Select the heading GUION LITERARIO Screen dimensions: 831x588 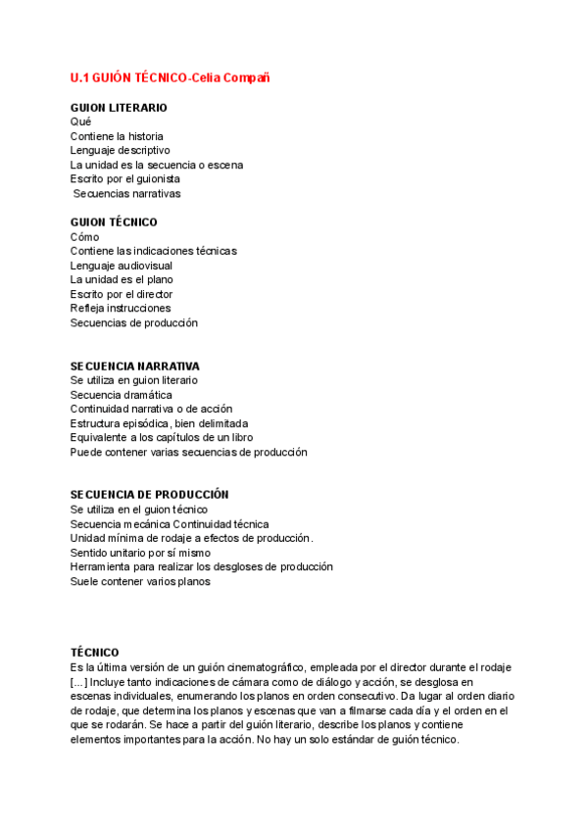(x=119, y=108)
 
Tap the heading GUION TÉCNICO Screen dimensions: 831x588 (x=114, y=222)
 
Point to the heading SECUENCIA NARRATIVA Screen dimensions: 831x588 (x=134, y=366)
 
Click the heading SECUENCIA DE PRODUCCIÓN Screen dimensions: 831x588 (x=149, y=495)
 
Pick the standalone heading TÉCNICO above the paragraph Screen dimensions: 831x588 (x=95, y=653)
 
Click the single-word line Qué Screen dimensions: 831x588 (x=80, y=122)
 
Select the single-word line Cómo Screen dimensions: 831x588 (x=84, y=237)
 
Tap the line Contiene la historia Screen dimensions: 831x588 (x=117, y=136)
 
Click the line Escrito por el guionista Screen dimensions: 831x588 (x=124, y=179)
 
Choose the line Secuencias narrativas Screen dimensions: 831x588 (x=126, y=194)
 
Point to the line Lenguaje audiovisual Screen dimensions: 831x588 (x=121, y=266)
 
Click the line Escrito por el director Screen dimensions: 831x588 (x=122, y=294)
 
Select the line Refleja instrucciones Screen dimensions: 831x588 (x=121, y=309)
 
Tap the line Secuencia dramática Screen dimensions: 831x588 (x=121, y=394)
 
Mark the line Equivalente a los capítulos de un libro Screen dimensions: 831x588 (x=162, y=438)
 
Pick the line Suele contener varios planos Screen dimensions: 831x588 (x=140, y=581)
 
